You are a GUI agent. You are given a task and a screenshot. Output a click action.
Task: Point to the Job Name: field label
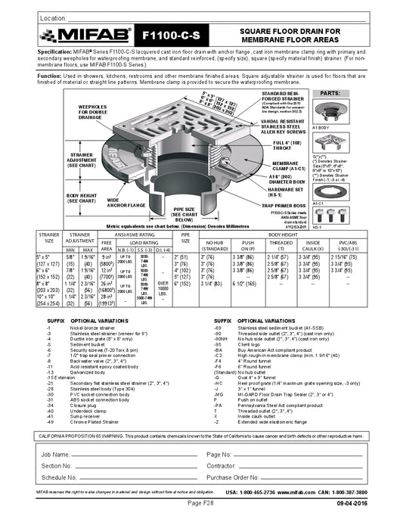[x=58, y=454]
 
